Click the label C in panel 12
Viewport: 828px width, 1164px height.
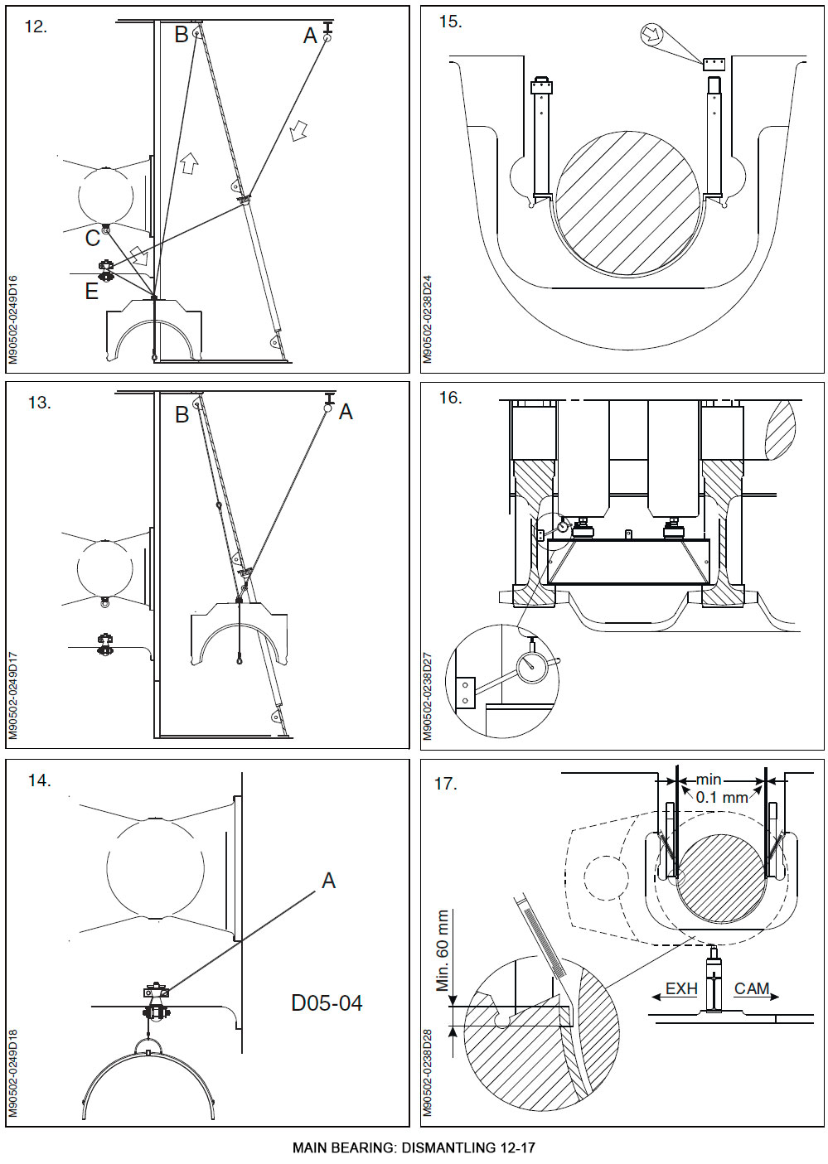(92, 239)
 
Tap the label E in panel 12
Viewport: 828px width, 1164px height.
(91, 292)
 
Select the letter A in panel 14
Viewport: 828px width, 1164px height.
(328, 881)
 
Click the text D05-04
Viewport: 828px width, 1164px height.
(327, 1003)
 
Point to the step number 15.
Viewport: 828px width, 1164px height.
(450, 22)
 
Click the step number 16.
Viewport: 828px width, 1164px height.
(450, 398)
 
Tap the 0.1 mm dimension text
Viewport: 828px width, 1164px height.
(721, 797)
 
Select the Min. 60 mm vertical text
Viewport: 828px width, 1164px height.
(443, 951)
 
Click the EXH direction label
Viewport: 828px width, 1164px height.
(681, 988)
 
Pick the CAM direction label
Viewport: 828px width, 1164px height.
(752, 988)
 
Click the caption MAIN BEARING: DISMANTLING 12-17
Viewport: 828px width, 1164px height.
(414, 1148)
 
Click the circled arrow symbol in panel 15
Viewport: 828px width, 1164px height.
(653, 35)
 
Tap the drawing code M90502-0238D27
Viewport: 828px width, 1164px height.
(428, 696)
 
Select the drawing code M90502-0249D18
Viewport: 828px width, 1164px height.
(12, 1073)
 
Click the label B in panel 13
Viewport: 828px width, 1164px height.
(182, 415)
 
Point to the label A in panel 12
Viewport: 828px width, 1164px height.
(310, 36)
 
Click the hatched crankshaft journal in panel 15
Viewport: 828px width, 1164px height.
(627, 203)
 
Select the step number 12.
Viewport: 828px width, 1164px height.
(36, 27)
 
